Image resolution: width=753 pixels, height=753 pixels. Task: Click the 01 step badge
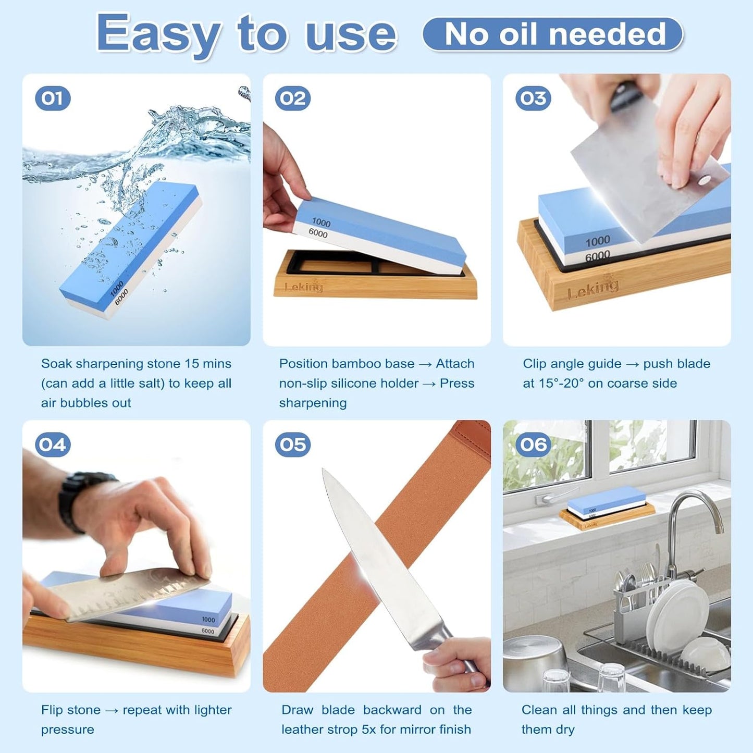tap(53, 98)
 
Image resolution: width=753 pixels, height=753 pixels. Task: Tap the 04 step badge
tap(53, 445)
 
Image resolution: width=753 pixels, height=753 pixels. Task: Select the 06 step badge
tap(533, 445)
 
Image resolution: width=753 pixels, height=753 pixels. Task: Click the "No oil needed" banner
tap(553, 34)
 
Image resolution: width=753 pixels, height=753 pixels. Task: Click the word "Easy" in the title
tap(158, 34)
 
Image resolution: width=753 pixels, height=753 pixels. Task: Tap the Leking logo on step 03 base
tap(593, 288)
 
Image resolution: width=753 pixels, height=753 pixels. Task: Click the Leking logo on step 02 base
tap(304, 287)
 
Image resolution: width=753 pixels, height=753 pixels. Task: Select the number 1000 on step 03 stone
tap(597, 241)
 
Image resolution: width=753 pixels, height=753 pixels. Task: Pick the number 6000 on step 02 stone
tap(318, 233)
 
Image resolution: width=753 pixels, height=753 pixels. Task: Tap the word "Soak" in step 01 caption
tap(56, 364)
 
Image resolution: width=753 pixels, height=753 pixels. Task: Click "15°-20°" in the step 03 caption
tap(561, 384)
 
